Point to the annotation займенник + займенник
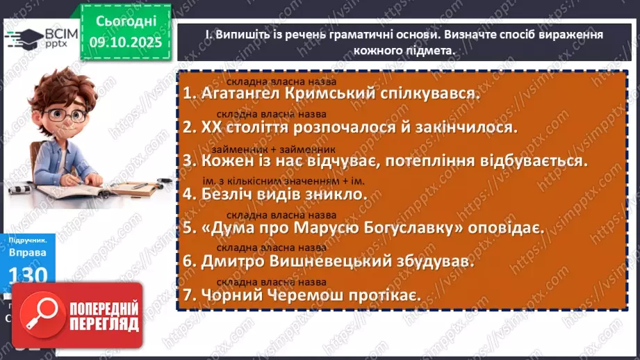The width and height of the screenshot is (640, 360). tap(277, 148)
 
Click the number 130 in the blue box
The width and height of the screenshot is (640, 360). tap(28, 275)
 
